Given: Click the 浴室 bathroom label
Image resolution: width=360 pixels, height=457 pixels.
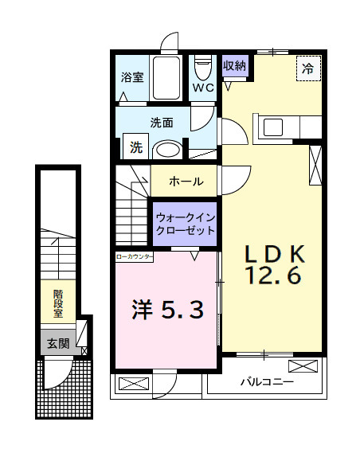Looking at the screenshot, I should click(132, 77).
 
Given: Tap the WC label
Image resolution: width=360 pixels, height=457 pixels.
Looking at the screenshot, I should click(202, 88).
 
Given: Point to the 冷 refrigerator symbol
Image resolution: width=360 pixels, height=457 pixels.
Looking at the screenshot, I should click(307, 68).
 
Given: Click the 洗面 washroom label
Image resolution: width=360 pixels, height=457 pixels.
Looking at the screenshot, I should click(162, 123).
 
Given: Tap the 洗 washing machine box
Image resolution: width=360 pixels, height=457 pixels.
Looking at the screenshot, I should click(136, 147).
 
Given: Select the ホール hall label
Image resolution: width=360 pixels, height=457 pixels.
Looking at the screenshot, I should click(185, 182).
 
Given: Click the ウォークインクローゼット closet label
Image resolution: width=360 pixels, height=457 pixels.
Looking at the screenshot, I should click(185, 223).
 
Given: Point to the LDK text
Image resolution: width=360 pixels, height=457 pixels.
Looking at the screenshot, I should click(274, 254).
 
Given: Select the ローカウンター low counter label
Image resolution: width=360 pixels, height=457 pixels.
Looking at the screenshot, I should click(135, 257).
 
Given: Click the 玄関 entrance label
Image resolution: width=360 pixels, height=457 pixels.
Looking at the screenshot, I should click(57, 344).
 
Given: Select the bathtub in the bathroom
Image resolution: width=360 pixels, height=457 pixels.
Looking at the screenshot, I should click(166, 78).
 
